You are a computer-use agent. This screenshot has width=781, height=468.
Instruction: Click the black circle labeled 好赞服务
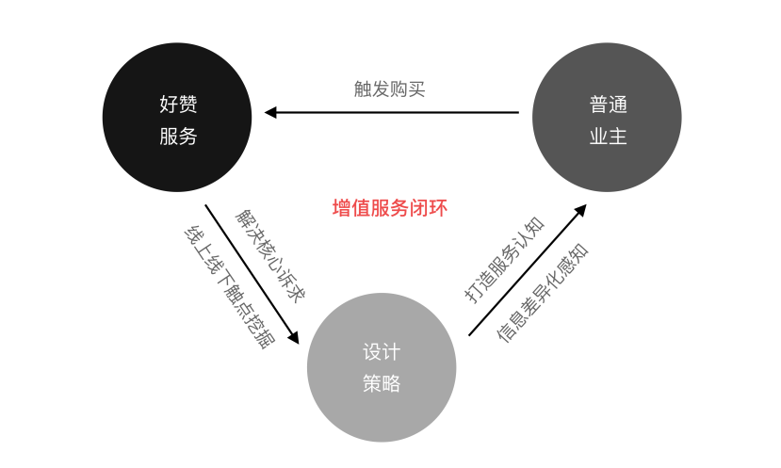pyautogui.click(x=177, y=118)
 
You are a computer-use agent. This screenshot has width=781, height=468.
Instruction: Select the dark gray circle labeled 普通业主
pyautogui.click(x=607, y=118)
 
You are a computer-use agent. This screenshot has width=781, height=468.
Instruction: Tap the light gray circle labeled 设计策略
pyautogui.click(x=382, y=367)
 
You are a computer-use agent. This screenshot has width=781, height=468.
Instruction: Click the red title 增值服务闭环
pyautogui.click(x=390, y=208)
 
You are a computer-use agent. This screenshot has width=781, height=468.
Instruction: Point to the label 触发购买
pyautogui.click(x=390, y=89)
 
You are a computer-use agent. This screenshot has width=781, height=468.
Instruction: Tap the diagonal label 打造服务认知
pyautogui.click(x=505, y=259)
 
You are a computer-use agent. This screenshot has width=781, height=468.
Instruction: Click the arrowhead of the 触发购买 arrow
pyautogui.click(x=270, y=113)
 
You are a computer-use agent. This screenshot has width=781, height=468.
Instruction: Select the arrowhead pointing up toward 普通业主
pyautogui.click(x=580, y=210)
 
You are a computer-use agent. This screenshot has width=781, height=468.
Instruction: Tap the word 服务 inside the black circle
pyautogui.click(x=178, y=136)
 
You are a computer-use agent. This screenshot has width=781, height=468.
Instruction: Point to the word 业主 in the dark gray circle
pyautogui.click(x=608, y=136)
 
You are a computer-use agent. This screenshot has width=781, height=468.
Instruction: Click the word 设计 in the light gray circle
pyautogui.click(x=382, y=352)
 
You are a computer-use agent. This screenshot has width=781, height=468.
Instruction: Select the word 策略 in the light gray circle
pyautogui.click(x=382, y=383)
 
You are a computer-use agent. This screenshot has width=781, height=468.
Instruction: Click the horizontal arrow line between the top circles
pyautogui.click(x=396, y=113)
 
